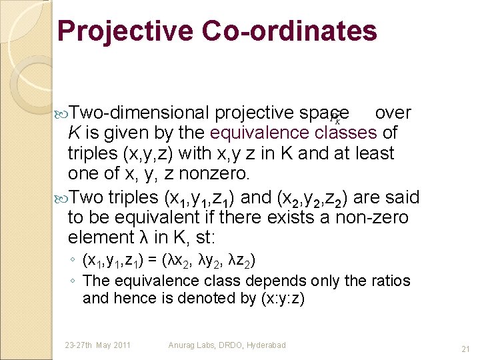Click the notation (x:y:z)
pyautogui.click(x=279, y=298)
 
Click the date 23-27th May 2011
pyautogui.click(x=97, y=345)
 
